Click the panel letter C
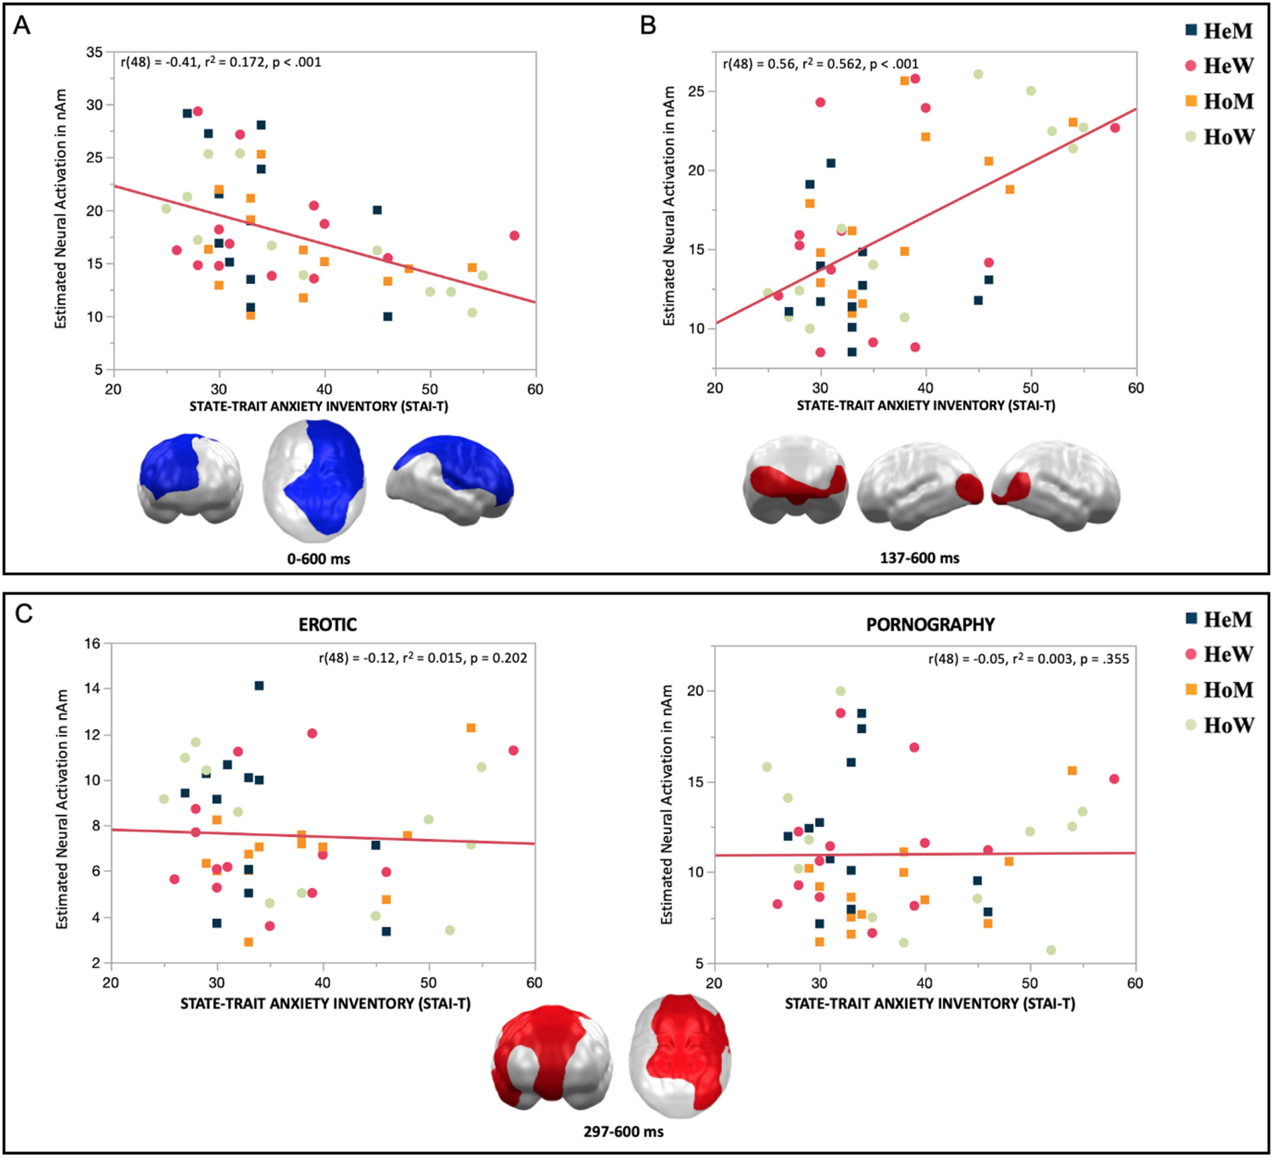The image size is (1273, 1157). pyautogui.click(x=23, y=613)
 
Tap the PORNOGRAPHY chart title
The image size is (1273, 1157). pyautogui.click(x=930, y=625)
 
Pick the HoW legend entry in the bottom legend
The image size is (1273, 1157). pyautogui.click(x=1219, y=725)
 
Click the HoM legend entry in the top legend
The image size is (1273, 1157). pyautogui.click(x=1219, y=101)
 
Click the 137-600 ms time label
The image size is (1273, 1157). pyautogui.click(x=919, y=559)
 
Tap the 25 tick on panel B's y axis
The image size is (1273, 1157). pyautogui.click(x=697, y=92)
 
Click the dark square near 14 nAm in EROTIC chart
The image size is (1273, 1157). pyautogui.click(x=259, y=685)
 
